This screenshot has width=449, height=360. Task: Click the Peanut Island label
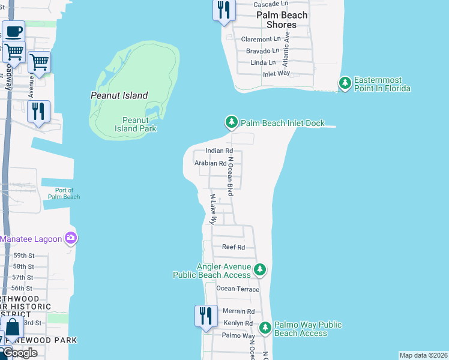point(119,95)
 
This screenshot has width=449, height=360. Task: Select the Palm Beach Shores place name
point(282,20)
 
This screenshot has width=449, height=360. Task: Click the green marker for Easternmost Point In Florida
point(345,83)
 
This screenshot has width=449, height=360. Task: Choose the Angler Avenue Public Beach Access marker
point(259,270)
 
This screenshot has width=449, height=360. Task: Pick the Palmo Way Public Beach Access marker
point(265,328)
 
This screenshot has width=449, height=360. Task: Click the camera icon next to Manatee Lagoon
point(71,239)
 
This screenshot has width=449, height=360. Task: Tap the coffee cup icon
point(13,31)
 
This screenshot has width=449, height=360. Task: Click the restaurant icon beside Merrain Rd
point(206,316)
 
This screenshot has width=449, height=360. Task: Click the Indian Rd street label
point(219,151)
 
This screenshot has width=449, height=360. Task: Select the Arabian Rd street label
point(210,163)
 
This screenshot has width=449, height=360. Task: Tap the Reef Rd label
point(234,247)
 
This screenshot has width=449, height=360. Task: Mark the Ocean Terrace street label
point(238,289)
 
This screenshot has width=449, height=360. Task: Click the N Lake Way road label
point(212,209)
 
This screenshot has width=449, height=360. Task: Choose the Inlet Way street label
point(277,74)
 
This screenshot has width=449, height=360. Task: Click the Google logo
point(19,353)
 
